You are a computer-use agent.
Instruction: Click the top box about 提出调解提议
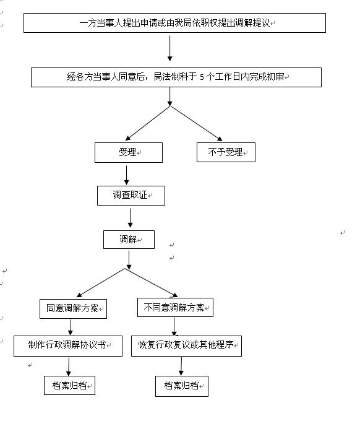click(174, 23)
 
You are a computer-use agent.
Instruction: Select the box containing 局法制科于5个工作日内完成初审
click(176, 77)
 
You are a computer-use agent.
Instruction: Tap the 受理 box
click(129, 152)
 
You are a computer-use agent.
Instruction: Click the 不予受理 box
click(226, 152)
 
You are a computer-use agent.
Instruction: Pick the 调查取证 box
click(131, 196)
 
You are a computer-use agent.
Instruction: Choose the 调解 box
click(129, 240)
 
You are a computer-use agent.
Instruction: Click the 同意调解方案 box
click(73, 309)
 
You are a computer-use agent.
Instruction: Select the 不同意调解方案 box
click(175, 308)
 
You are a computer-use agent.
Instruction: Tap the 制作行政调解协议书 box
click(68, 346)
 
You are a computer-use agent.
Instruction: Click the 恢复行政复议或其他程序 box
click(186, 346)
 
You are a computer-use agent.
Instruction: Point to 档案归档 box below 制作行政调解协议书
click(69, 385)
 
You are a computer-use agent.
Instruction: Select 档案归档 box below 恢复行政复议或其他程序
click(182, 386)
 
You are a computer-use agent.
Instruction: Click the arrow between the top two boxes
click(170, 48)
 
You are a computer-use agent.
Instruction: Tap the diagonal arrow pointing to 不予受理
click(197, 123)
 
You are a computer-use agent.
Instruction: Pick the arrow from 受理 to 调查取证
click(126, 175)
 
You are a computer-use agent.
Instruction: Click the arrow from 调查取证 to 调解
click(130, 218)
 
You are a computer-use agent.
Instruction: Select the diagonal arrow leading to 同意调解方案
click(101, 283)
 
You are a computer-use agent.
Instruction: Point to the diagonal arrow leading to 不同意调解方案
click(152, 283)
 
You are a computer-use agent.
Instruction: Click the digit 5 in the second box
click(202, 77)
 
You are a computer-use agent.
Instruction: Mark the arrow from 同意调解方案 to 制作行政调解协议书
click(71, 327)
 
